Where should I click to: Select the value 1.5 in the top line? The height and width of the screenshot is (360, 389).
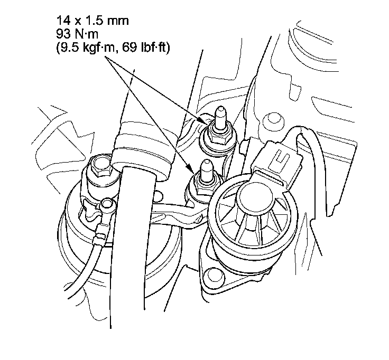[93, 20]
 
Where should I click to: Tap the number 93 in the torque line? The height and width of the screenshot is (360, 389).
[64, 34]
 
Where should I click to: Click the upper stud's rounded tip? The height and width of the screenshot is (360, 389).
[220, 110]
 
